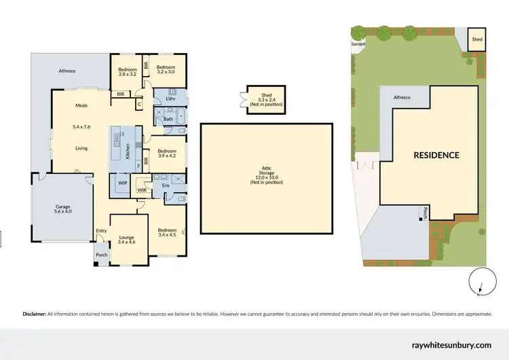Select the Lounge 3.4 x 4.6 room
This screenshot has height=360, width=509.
click(x=127, y=238)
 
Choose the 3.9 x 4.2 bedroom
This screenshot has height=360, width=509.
click(x=166, y=154)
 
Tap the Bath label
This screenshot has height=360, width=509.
click(x=168, y=120)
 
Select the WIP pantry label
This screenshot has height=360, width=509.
click(x=123, y=183)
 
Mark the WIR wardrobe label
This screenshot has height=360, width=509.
click(x=142, y=191)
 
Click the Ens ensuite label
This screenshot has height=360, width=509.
click(x=165, y=185)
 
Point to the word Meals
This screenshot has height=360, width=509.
click(x=81, y=105)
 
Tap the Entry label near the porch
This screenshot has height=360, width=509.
click(x=101, y=230)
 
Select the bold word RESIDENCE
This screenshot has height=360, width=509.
click(x=436, y=155)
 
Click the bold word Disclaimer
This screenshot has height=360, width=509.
click(x=35, y=314)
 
